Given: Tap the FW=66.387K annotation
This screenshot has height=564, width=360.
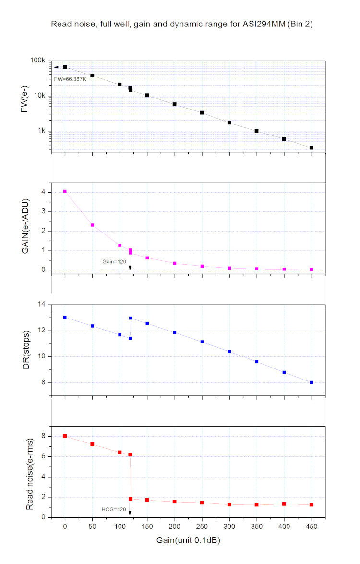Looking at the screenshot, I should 70,79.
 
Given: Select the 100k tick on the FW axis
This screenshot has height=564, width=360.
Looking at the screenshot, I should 38,61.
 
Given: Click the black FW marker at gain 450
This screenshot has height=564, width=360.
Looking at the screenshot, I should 312,148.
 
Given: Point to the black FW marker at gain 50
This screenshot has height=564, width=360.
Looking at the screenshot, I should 92,75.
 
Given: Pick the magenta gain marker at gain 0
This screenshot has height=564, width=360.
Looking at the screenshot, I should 65,191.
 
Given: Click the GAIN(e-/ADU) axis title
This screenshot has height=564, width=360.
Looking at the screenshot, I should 24,229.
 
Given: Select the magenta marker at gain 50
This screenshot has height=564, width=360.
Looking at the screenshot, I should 92,225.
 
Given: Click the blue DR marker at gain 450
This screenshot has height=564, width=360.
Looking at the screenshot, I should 312,382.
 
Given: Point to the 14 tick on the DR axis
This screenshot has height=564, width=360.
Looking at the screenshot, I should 41,305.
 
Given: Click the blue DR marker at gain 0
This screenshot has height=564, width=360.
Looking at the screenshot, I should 65,317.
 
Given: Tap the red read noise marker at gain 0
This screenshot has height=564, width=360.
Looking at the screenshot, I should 65,436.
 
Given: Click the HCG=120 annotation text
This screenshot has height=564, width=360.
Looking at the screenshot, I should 113,509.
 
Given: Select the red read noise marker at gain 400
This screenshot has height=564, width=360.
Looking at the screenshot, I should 284,503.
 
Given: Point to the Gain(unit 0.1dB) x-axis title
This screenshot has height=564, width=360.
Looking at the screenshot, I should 188,540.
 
